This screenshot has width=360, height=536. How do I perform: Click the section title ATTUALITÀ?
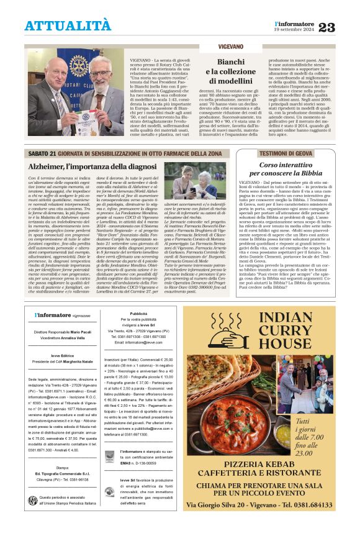click(x=68, y=25)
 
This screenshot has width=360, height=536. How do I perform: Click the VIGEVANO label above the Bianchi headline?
click(x=230, y=47)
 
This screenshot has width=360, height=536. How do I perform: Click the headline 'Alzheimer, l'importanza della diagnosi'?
click(x=92, y=166)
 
